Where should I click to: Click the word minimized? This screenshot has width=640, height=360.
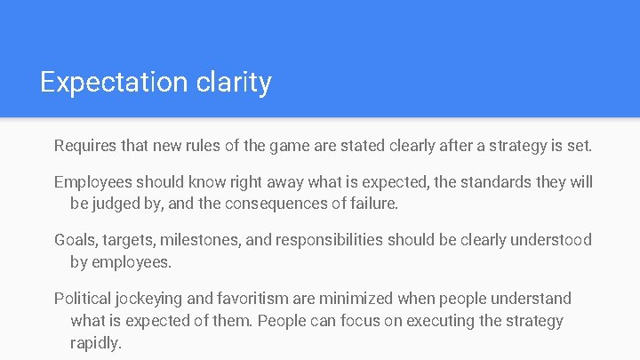(356, 299)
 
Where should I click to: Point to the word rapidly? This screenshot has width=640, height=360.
(95, 342)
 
